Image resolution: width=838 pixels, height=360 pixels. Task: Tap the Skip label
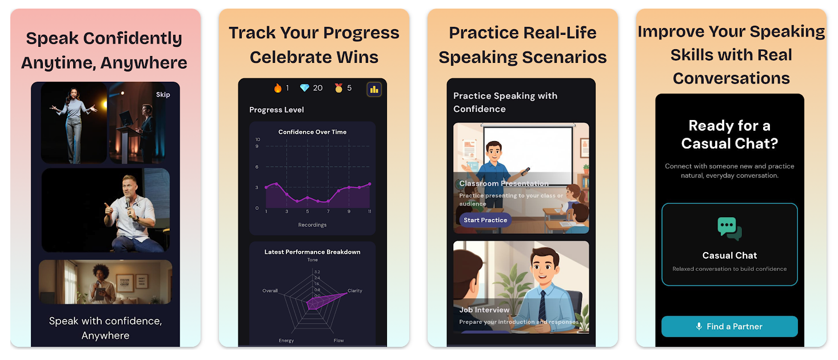[x=163, y=95]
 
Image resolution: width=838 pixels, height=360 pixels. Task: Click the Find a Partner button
[x=729, y=326]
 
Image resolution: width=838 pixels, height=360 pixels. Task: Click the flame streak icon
[x=278, y=88]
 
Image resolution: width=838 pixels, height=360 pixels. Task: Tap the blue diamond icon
[x=305, y=88]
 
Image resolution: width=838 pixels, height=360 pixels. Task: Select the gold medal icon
[x=338, y=88]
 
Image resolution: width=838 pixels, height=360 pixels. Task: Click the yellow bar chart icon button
[x=374, y=89]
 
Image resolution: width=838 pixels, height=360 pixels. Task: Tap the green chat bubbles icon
[x=729, y=229]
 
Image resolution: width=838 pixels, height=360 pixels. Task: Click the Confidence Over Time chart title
[x=312, y=132]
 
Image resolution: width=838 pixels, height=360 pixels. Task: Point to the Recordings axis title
[x=312, y=225]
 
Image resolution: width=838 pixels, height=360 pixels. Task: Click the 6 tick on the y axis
[x=257, y=167]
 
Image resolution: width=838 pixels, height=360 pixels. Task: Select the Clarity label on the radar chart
[x=354, y=290]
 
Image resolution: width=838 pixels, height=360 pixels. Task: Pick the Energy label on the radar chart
[x=286, y=341]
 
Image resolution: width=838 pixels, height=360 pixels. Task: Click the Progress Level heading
[x=277, y=110]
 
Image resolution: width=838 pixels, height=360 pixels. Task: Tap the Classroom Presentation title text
[x=504, y=183]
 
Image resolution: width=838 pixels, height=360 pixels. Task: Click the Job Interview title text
[x=484, y=310]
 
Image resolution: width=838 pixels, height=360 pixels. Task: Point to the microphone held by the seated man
[x=128, y=206]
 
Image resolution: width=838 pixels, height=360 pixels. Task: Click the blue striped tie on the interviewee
[x=542, y=306]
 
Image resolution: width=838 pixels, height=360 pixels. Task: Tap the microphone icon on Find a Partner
[x=699, y=326]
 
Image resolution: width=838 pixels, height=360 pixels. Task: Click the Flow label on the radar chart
[x=338, y=341]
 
